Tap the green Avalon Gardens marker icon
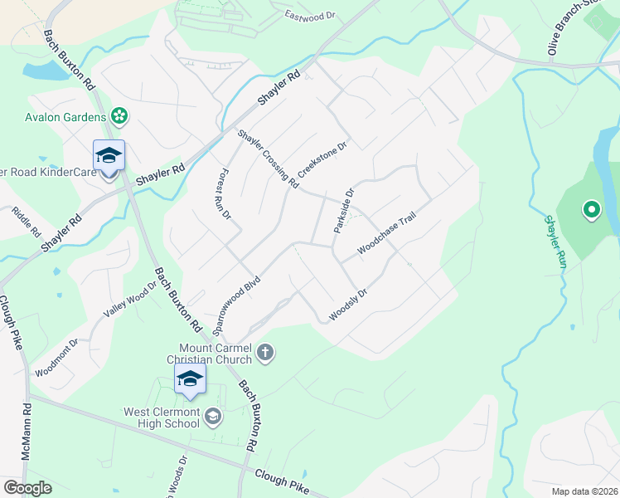point(119,116)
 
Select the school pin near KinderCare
point(109,156)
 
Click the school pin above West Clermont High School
point(190,380)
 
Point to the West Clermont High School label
point(162,417)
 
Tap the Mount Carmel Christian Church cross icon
point(265,354)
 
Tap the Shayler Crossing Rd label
point(267,159)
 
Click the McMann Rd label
point(27,432)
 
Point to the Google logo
point(27,488)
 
